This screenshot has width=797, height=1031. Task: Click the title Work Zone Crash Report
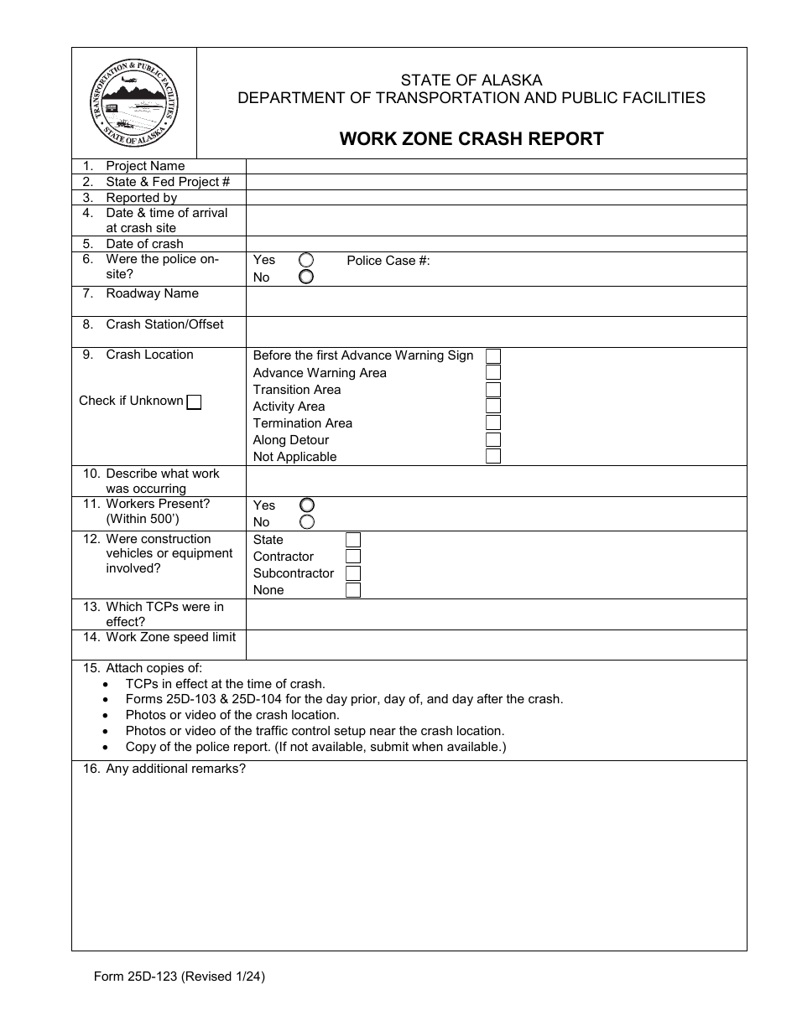(471, 139)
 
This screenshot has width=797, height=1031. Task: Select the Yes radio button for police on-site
(306, 261)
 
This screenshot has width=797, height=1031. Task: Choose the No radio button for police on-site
(306, 277)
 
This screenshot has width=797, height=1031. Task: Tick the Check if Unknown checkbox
(194, 402)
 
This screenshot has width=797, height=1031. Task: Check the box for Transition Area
(493, 390)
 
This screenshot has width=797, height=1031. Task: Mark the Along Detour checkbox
(493, 440)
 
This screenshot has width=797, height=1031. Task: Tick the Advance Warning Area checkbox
(493, 373)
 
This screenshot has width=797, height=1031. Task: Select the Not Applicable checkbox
(493, 457)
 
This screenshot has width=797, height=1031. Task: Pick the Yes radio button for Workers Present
(307, 505)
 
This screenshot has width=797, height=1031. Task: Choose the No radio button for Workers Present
(307, 522)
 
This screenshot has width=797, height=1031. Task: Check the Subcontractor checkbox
(353, 573)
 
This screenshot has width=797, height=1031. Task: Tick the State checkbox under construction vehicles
(353, 540)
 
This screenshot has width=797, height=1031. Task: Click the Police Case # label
(388, 261)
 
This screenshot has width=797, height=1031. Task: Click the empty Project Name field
(495, 166)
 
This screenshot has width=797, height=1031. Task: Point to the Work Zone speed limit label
(170, 637)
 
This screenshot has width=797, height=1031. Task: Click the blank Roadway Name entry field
(495, 301)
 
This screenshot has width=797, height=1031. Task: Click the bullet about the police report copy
(315, 746)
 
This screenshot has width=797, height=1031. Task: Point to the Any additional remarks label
(175, 769)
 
